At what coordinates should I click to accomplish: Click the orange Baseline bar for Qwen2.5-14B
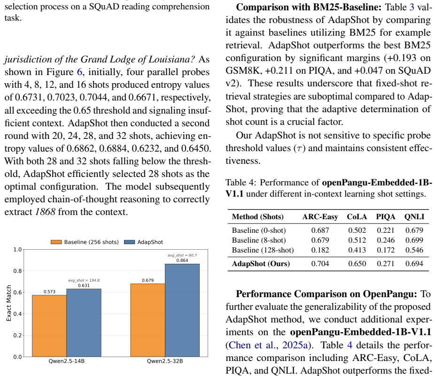pyautogui.click(x=49, y=326)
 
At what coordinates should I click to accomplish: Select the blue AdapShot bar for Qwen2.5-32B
pyautogui.click(x=182, y=310)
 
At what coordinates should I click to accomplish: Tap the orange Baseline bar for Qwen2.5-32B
pyautogui.click(x=148, y=320)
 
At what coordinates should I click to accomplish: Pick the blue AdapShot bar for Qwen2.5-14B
pyautogui.click(x=84, y=323)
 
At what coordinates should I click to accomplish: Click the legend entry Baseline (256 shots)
pyautogui.click(x=85, y=242)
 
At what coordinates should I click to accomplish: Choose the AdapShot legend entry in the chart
pyautogui.click(x=143, y=242)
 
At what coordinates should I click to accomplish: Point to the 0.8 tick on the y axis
pyautogui.click(x=17, y=271)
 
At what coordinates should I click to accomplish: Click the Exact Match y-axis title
pyautogui.click(x=8, y=303)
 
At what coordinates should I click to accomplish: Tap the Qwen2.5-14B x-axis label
pyautogui.click(x=67, y=361)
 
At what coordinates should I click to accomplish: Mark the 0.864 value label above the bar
pyautogui.click(x=182, y=261)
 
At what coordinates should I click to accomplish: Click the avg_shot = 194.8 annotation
pyautogui.click(x=84, y=280)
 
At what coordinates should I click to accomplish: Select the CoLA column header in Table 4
pyautogui.click(x=357, y=217)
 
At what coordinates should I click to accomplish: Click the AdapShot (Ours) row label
pyautogui.click(x=261, y=263)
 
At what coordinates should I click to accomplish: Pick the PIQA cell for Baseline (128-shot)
pyautogui.click(x=385, y=250)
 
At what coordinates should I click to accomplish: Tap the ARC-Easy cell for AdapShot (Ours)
pyautogui.click(x=320, y=263)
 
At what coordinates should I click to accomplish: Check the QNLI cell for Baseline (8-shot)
pyautogui.click(x=414, y=240)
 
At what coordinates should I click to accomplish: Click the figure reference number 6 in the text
pyautogui.click(x=79, y=72)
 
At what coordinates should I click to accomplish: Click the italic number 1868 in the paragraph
pyautogui.click(x=45, y=212)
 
